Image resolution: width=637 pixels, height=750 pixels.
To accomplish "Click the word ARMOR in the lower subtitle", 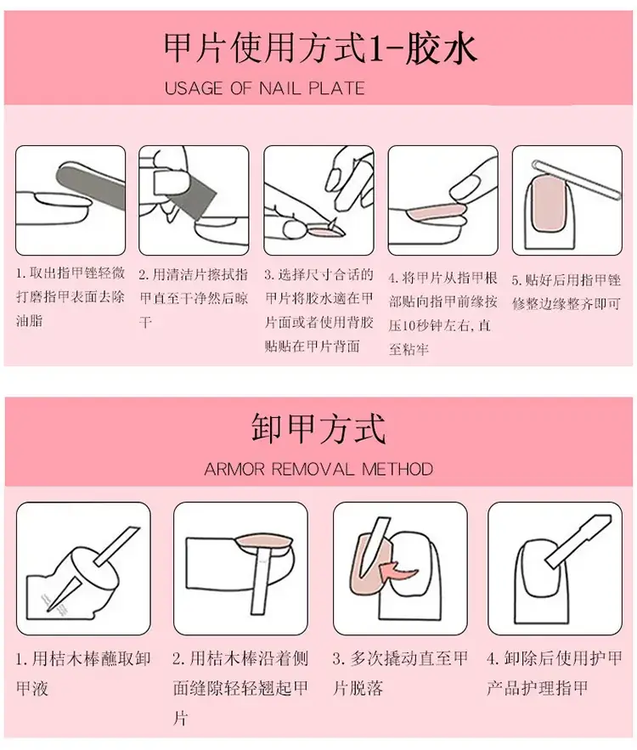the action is pyautogui.click(x=234, y=469).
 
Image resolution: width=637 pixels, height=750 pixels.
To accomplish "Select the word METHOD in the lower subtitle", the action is pyautogui.click(x=397, y=469).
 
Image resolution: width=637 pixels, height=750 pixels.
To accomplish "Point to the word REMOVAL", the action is pyautogui.click(x=313, y=469).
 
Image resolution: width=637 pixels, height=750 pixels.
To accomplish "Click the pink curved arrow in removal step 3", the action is pyautogui.click(x=396, y=569).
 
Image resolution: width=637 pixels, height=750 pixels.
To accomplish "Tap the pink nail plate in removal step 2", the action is pyautogui.click(x=264, y=541).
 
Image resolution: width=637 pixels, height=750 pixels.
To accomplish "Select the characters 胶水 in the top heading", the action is pyautogui.click(x=441, y=48).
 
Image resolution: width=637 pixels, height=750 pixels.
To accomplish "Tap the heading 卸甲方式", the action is pyautogui.click(x=318, y=429).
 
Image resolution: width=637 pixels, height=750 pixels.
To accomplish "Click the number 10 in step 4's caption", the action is pyautogui.click(x=409, y=326).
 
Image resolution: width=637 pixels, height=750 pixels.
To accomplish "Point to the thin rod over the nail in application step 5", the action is pyautogui.click(x=577, y=180).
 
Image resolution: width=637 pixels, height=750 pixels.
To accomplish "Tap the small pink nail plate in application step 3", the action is pyautogui.click(x=325, y=232).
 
